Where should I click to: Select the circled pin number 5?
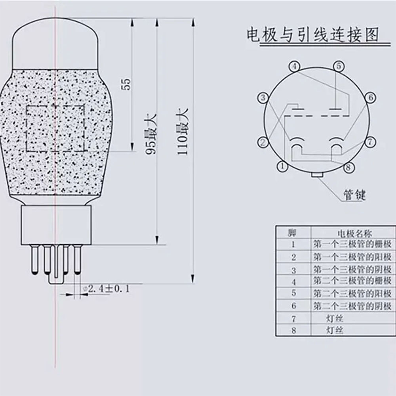point(337,67)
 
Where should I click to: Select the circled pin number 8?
point(348,167)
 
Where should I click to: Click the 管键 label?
point(354,195)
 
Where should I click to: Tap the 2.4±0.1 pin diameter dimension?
point(106,288)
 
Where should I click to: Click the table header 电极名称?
point(354,233)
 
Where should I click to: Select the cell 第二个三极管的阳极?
point(352,293)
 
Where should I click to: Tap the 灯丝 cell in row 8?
point(335,330)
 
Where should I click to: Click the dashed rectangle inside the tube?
point(55,129)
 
